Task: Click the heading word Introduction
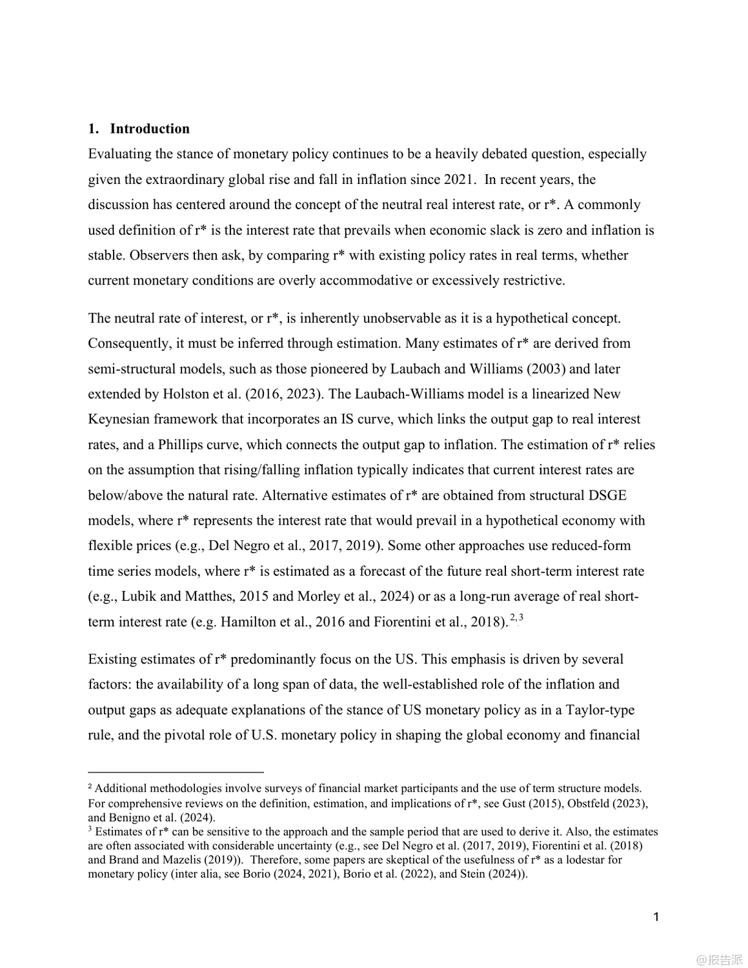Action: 150,128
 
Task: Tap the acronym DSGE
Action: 608,495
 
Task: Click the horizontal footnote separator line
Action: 176,771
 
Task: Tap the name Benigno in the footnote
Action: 128,818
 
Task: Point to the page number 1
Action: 656,917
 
